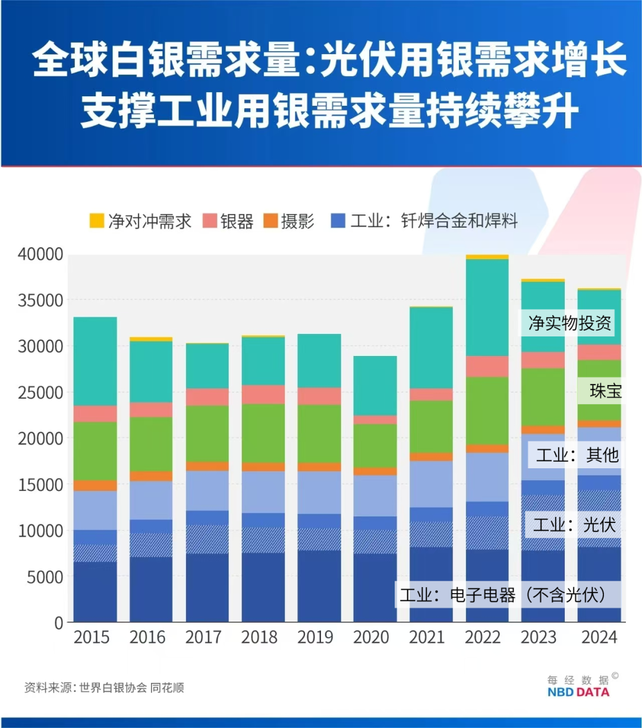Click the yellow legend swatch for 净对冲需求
coord(97,221)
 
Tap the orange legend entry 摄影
coord(289,221)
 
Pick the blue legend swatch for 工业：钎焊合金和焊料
coord(338,221)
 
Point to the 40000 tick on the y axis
coord(40,254)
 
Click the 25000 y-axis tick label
coord(40,393)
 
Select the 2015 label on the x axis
coord(92,637)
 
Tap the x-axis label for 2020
coord(371,637)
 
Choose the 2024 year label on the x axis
coord(599,637)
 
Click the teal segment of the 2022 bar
coord(487,307)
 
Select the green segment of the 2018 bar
coord(263,433)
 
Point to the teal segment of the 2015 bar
coord(95,361)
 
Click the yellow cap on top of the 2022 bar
coord(487,257)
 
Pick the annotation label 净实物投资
coord(569,323)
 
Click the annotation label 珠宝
coord(605,391)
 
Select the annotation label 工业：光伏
coord(574,525)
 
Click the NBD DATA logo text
coord(578,692)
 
